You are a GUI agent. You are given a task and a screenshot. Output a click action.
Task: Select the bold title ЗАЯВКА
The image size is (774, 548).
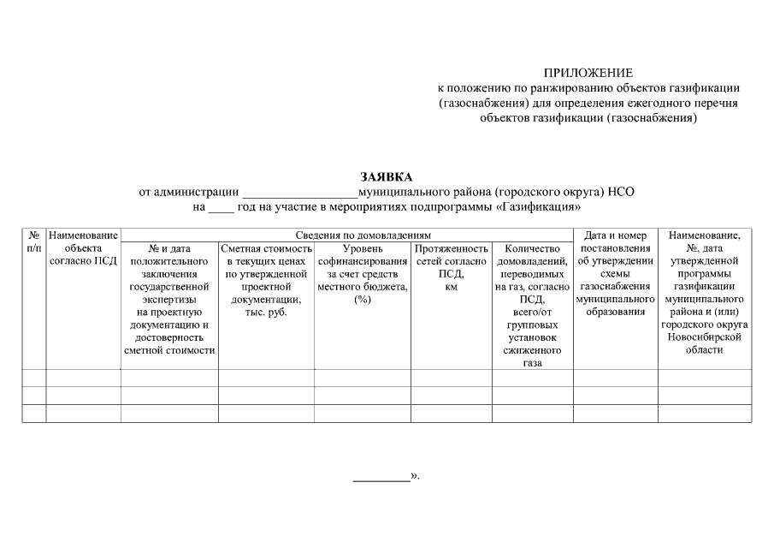(x=386, y=176)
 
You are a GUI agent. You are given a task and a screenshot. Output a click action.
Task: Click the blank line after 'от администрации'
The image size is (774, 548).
(x=300, y=194)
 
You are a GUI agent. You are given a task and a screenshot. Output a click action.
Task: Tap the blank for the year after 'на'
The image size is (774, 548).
(x=221, y=208)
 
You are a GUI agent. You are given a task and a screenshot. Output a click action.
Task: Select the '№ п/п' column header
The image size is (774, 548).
(x=33, y=241)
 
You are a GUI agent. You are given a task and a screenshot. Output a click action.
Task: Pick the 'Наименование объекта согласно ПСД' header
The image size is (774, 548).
(x=83, y=248)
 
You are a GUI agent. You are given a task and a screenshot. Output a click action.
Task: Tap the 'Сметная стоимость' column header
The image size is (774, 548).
(x=266, y=248)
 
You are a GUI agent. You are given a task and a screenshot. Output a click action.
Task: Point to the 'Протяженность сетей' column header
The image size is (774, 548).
(x=451, y=248)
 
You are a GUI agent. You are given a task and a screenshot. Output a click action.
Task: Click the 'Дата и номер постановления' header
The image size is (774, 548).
(x=615, y=248)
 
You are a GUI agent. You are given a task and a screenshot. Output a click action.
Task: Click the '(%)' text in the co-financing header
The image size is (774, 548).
(x=362, y=300)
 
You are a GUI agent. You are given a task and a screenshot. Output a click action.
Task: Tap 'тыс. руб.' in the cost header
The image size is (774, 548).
(x=266, y=313)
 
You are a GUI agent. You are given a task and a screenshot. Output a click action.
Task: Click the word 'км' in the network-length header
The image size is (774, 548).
(x=451, y=287)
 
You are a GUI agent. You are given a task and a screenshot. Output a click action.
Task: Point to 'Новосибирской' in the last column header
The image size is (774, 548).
(x=704, y=337)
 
